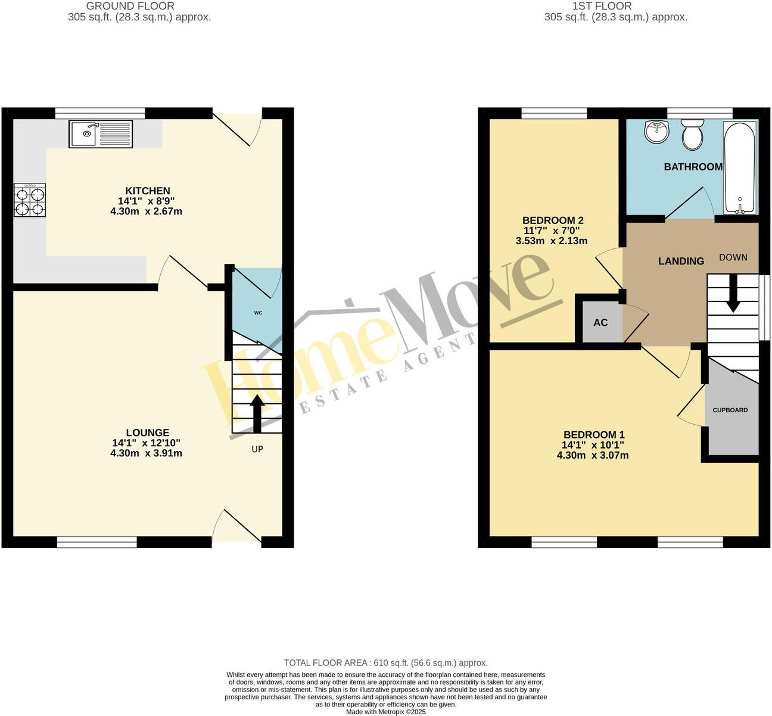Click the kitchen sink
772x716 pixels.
pos(101,134)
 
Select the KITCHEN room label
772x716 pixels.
pos(148,191)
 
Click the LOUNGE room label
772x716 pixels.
pos(148,432)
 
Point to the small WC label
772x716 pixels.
pos(258,313)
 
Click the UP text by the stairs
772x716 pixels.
pos(257,449)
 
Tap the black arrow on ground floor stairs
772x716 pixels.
pos(257,413)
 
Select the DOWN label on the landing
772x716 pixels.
pos(733,257)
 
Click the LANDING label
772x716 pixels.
pos(681,261)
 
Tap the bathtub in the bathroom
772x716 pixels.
pos(740,167)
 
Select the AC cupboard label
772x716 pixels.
pos(600,322)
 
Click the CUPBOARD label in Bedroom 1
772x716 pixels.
pos(730,410)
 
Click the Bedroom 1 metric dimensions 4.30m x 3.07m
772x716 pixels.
pos(593,455)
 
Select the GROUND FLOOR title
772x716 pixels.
pos(130,6)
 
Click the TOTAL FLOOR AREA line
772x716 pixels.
pos(385,662)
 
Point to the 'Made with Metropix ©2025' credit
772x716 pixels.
pos(385,711)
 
